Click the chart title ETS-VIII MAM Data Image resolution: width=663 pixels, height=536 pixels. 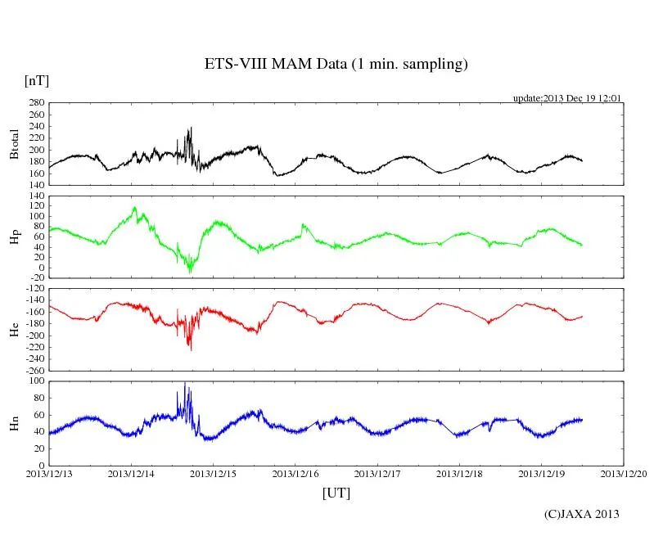[x=336, y=65]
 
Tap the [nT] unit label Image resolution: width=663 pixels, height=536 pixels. [x=37, y=80]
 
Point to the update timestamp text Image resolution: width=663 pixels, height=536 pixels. [x=567, y=97]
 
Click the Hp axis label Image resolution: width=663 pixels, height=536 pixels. [x=14, y=237]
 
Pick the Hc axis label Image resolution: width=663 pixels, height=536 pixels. [x=14, y=329]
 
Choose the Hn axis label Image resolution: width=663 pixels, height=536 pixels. [x=14, y=422]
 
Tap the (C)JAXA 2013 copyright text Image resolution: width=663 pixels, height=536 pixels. [x=581, y=514]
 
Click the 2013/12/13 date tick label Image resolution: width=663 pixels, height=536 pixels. [x=49, y=473]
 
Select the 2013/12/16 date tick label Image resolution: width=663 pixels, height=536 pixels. [x=295, y=473]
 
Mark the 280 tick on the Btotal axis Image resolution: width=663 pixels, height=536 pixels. [x=35, y=103]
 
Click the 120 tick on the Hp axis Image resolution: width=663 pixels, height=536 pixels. [x=35, y=196]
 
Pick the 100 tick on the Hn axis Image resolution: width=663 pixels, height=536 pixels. [x=35, y=381]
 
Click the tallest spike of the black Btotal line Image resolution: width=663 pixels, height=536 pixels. [x=191, y=128]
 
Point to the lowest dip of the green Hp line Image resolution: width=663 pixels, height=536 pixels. [x=191, y=271]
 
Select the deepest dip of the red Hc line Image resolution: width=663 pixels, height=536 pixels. [x=191, y=349]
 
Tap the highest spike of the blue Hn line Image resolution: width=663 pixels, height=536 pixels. [x=185, y=383]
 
